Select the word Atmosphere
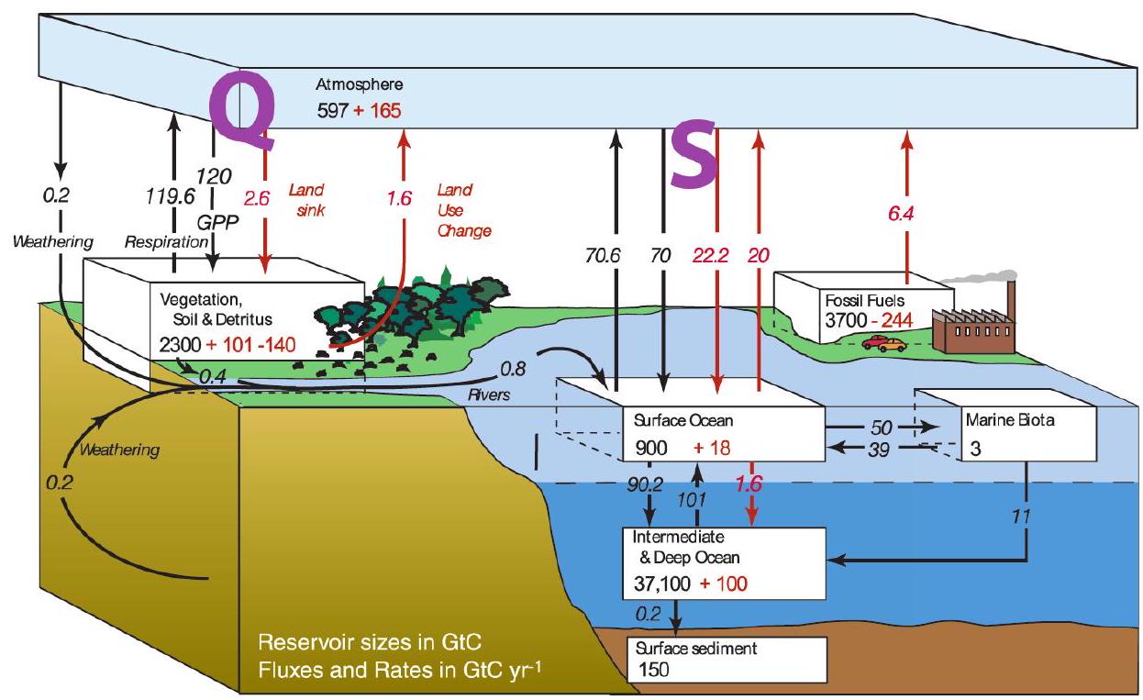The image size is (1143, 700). click(x=359, y=85)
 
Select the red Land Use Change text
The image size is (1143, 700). click(x=461, y=210)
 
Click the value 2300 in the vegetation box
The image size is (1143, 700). click(x=181, y=350)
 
